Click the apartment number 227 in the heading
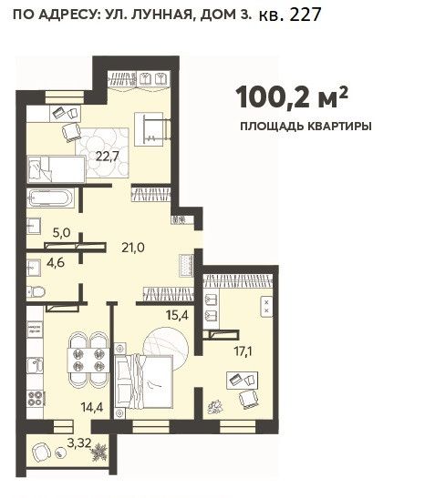click(x=306, y=15)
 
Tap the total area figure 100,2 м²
click(x=292, y=97)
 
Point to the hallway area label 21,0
click(x=133, y=247)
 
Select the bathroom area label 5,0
click(x=61, y=233)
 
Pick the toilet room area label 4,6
click(x=56, y=263)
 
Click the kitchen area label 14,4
click(x=92, y=407)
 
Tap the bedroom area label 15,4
click(x=177, y=315)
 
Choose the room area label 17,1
click(x=243, y=351)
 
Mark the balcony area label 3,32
click(x=79, y=442)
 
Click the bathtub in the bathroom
click(x=50, y=198)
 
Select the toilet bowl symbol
click(x=36, y=291)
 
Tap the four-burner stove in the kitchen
click(x=36, y=398)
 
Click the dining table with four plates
click(x=88, y=361)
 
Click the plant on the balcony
click(x=99, y=452)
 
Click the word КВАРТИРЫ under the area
click(x=339, y=126)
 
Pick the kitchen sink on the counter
click(x=35, y=365)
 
